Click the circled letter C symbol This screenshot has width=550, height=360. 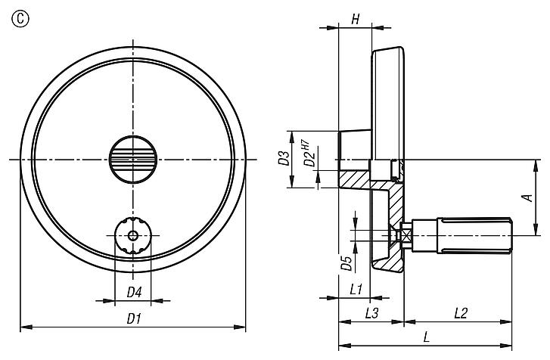point(13,12)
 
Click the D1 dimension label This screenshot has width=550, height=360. point(133,319)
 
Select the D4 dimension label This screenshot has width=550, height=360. point(133,292)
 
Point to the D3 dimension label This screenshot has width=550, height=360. point(282,160)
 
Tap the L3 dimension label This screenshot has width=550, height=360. point(371,312)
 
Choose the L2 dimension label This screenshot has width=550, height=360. point(462,312)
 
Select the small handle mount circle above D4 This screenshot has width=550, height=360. point(133,236)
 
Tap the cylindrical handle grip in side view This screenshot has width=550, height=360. point(475,236)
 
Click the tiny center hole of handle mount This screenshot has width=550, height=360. point(133,236)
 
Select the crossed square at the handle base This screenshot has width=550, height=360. point(407,236)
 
